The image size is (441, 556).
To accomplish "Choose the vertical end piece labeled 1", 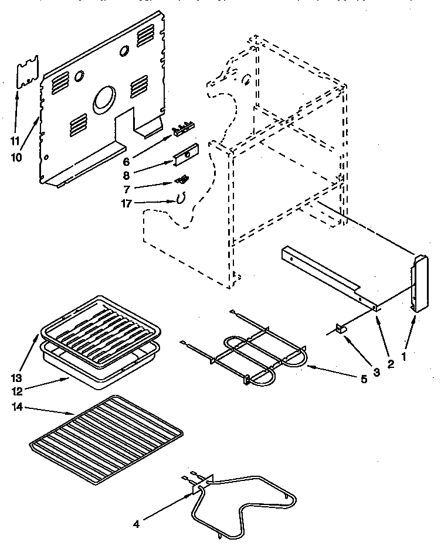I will tap(420, 284).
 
